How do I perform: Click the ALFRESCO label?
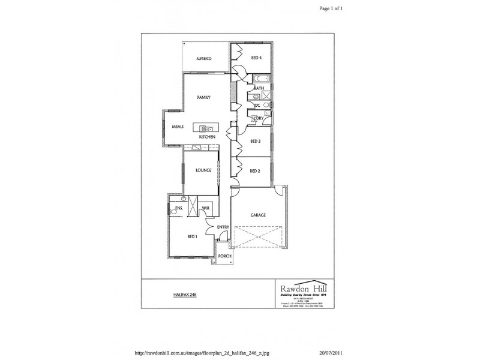pyautogui.click(x=206, y=58)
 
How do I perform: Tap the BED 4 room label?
pyautogui.click(x=256, y=58)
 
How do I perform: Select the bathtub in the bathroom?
pyautogui.click(x=261, y=79)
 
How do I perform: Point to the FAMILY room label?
pyautogui.click(x=204, y=97)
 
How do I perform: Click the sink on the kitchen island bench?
pyautogui.click(x=206, y=128)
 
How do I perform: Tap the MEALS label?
pyautogui.click(x=178, y=127)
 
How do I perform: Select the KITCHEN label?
pyautogui.click(x=207, y=137)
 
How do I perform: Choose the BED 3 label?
pyautogui.click(x=254, y=142)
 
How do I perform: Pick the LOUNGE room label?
pyautogui.click(x=203, y=170)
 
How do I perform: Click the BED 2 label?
pyautogui.click(x=254, y=171)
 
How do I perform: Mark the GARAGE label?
pyautogui.click(x=258, y=215)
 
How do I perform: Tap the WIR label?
pyautogui.click(x=206, y=208)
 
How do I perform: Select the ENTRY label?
pyautogui.click(x=223, y=227)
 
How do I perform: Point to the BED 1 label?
pyautogui.click(x=193, y=237)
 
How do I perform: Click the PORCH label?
pyautogui.click(x=224, y=256)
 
